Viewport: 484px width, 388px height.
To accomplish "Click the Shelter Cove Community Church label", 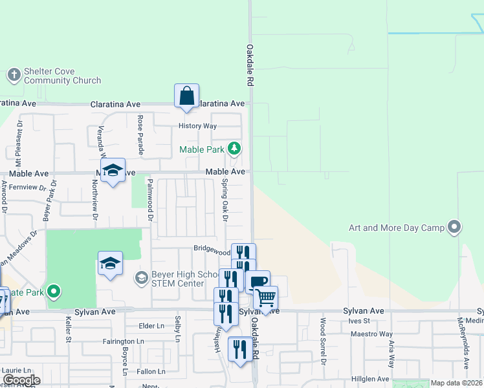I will click(x=62, y=76).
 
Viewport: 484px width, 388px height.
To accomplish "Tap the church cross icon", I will click(x=14, y=76).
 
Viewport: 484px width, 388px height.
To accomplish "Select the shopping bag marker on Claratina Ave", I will click(x=186, y=96).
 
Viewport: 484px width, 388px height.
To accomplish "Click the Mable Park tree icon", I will click(x=234, y=150).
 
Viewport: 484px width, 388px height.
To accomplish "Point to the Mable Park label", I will click(x=201, y=150).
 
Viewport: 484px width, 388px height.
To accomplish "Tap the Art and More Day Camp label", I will click(x=397, y=228).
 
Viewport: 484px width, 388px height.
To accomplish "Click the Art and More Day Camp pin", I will click(x=455, y=227).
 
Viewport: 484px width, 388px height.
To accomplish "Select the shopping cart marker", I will click(x=265, y=298).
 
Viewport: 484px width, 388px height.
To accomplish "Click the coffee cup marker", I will click(x=258, y=282).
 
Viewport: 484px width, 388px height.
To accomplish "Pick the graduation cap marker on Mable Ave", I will click(x=113, y=170).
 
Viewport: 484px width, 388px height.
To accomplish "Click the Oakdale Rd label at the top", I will click(x=248, y=65).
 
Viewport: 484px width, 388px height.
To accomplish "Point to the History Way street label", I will click(x=198, y=126).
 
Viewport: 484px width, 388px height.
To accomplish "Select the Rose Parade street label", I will click(x=139, y=135).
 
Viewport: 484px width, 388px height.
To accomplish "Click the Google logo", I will click(x=21, y=380).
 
